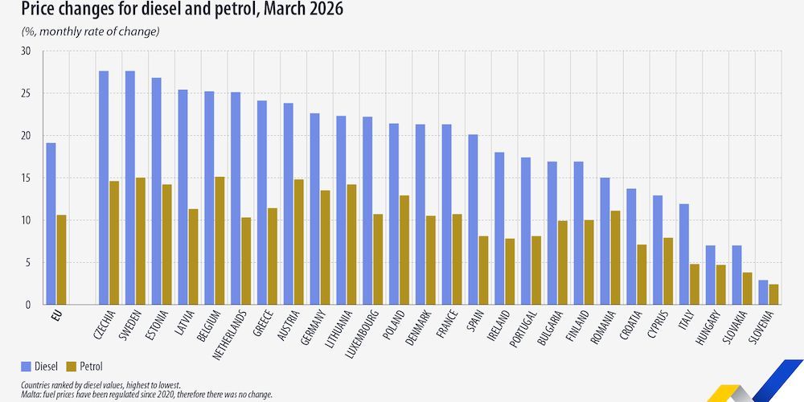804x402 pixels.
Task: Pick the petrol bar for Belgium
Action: point(219,240)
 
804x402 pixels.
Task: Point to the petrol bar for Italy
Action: point(694,284)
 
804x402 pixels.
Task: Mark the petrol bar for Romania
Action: point(615,257)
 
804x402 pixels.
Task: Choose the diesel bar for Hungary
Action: point(710,275)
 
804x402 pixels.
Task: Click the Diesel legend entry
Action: point(40,366)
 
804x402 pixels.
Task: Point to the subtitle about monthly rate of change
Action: point(90,31)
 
